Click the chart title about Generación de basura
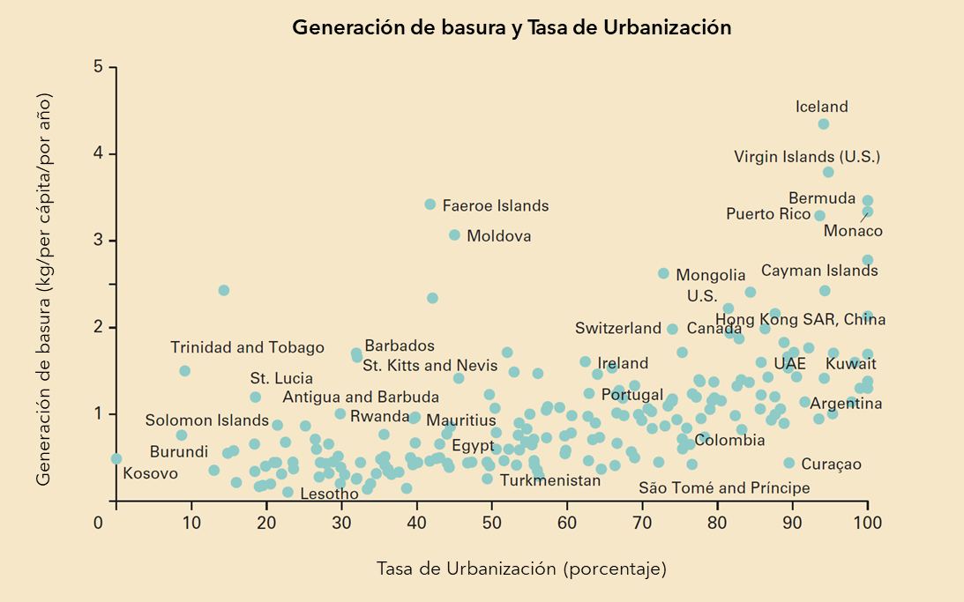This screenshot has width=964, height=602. click(x=512, y=27)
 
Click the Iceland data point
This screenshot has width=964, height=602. click(x=824, y=124)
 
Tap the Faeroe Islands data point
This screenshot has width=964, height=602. click(x=430, y=204)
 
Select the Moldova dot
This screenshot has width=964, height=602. click(x=455, y=235)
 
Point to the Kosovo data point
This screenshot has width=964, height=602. click(x=116, y=458)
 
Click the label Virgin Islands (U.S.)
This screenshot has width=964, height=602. click(x=807, y=158)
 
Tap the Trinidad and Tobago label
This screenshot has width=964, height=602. click(x=247, y=347)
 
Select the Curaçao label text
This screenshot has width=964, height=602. click(x=831, y=465)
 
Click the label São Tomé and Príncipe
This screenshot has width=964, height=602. click(x=724, y=487)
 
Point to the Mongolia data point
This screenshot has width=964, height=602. click(x=664, y=274)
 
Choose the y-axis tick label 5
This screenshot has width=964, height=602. click(x=99, y=68)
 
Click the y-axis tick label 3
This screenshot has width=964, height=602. click(x=99, y=241)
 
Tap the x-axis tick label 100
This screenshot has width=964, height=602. click(x=868, y=523)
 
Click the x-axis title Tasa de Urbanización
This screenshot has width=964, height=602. click(x=521, y=569)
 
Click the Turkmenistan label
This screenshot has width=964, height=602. click(x=549, y=480)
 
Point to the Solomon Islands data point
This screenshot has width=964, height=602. click(x=182, y=435)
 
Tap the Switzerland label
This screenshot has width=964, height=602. click(x=617, y=328)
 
